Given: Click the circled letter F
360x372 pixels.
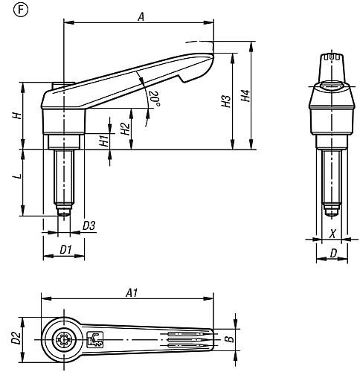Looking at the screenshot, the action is pos(22,10).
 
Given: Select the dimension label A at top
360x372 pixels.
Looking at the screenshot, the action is pos(141,17).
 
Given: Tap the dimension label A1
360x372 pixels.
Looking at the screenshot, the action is pos(132,293).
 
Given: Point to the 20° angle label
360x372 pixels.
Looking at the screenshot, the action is pos(153,98).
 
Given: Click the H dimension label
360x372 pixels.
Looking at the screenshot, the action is pos(17,115).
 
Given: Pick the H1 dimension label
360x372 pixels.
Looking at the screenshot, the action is pos(104,140).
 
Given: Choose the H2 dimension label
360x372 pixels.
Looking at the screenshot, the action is pos(126,129).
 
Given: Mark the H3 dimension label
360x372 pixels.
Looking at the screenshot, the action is pos(226,101).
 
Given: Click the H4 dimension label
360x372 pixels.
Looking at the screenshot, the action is pos(245,96).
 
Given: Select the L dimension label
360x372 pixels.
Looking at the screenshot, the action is pos(17,176).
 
